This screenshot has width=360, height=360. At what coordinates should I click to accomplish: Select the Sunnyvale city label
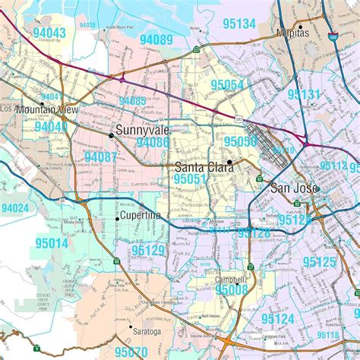[142, 130]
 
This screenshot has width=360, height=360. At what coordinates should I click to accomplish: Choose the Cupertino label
[141, 216]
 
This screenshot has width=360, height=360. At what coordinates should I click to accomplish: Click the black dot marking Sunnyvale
[112, 135]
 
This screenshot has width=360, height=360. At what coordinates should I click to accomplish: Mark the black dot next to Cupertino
[117, 219]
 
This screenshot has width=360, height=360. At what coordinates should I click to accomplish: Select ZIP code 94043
[49, 33]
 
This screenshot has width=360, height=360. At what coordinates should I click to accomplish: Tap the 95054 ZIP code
[228, 85]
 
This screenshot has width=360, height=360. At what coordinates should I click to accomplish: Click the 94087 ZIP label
[100, 156]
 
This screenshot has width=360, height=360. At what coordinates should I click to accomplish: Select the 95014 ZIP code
[51, 243]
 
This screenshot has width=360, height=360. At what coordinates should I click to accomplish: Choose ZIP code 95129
[147, 249]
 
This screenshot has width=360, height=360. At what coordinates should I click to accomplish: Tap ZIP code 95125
[319, 262]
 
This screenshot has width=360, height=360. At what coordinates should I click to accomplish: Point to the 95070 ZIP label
[131, 352]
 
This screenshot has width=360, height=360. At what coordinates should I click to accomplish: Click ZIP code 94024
[15, 207]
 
